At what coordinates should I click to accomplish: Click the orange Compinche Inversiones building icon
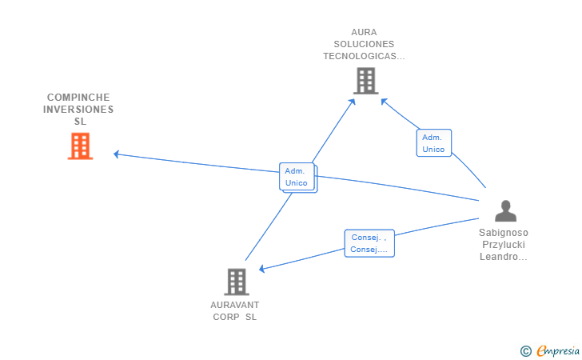80,146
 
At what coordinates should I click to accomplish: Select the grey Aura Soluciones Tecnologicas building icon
365,81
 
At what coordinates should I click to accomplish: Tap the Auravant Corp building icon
237,282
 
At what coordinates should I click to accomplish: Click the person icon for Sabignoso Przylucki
505,211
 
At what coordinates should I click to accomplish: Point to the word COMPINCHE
78,97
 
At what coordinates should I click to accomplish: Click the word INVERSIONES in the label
78,109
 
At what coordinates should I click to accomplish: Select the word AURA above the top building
364,32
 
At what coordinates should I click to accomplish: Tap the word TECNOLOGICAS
364,56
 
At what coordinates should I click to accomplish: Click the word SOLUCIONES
364,44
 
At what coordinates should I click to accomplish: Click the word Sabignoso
504,233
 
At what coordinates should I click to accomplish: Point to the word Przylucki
504,245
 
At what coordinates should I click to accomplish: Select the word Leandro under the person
500,257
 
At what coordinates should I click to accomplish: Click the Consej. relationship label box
369,243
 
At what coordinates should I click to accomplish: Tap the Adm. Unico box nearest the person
433,143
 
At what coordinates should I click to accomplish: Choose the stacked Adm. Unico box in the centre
297,177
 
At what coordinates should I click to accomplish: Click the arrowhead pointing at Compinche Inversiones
117,154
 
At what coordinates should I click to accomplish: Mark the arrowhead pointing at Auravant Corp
261,269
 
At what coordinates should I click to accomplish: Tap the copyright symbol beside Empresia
525,350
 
